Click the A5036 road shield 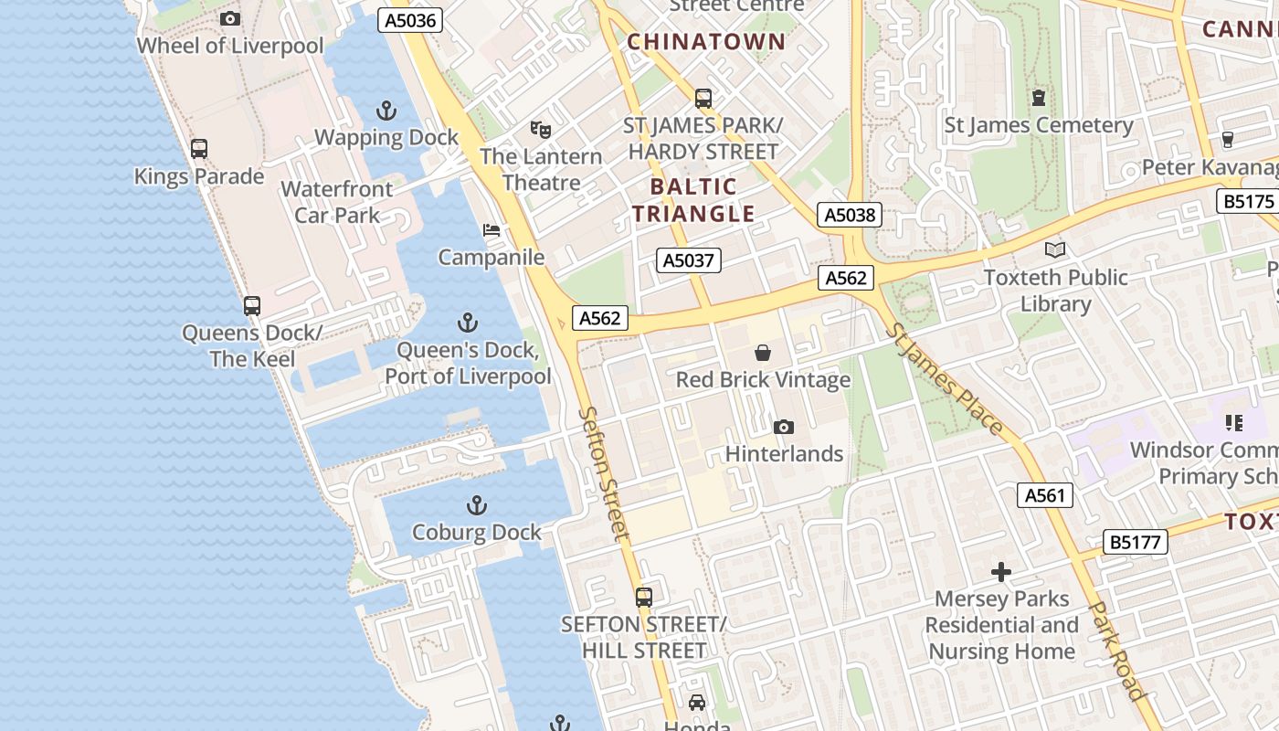click(410, 20)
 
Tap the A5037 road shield click(689, 260)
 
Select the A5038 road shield click(850, 215)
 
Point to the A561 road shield click(1045, 495)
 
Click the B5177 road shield click(1136, 542)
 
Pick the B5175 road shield click(1248, 201)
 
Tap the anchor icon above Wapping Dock click(386, 111)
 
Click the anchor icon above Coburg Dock click(476, 505)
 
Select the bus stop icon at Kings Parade click(199, 149)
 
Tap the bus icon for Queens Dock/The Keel click(252, 306)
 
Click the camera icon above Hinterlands click(783, 427)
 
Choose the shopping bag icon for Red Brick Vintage click(763, 353)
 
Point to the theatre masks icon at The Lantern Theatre click(541, 130)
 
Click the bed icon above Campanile click(492, 230)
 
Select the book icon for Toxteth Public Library click(1055, 249)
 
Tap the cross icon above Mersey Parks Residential click(1001, 572)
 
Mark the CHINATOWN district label click(706, 41)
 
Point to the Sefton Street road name click(605, 473)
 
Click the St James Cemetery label click(1038, 125)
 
